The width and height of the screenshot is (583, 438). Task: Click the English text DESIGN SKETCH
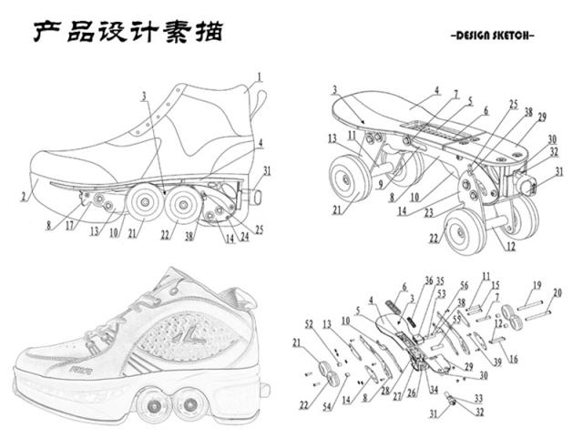[x=493, y=36]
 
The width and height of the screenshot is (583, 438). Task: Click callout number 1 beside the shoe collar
[x=259, y=77]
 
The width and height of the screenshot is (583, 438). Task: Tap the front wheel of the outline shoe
[x=142, y=204]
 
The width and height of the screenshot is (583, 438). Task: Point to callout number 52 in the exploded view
[x=309, y=324]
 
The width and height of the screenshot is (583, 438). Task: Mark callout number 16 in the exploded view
[x=513, y=358]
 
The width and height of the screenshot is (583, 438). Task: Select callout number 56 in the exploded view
[x=464, y=285]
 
